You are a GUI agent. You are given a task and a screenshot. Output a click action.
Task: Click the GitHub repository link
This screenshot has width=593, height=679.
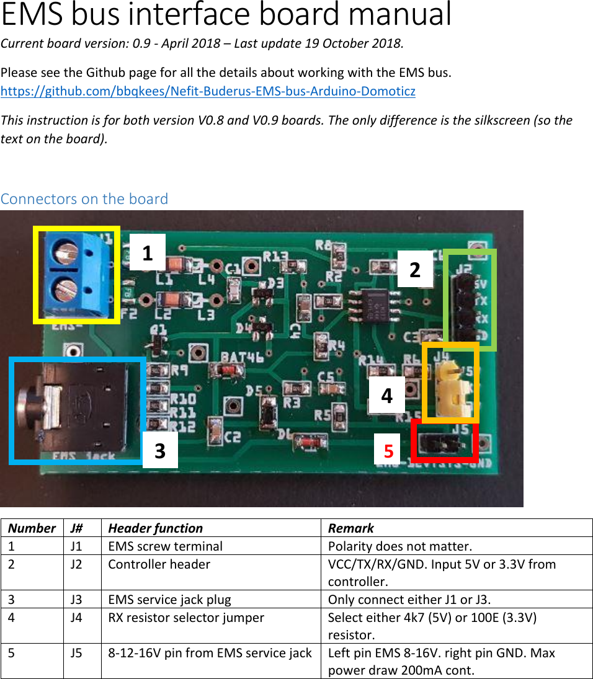[208, 92]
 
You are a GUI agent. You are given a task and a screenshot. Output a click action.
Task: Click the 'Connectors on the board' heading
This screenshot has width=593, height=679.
[84, 199]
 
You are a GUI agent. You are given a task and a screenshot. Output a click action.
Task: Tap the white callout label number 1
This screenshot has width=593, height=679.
[148, 252]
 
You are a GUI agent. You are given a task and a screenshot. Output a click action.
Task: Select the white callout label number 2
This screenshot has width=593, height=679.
[415, 269]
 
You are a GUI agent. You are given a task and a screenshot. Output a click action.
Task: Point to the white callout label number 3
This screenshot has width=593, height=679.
[160, 450]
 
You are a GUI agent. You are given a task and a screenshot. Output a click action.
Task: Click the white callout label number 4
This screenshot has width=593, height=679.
[387, 395]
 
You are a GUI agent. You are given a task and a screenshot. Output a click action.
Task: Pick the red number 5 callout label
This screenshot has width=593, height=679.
[389, 451]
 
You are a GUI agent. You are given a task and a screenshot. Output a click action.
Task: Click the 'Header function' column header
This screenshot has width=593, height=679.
[155, 528]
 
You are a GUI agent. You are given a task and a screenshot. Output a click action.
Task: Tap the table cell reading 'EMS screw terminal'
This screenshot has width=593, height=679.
[165, 546]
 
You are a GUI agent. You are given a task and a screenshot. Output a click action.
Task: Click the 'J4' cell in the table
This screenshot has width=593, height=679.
[77, 618]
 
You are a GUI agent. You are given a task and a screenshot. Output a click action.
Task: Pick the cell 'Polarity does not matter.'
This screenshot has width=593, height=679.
[400, 546]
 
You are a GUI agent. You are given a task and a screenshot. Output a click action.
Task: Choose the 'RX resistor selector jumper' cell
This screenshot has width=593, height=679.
[186, 618]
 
